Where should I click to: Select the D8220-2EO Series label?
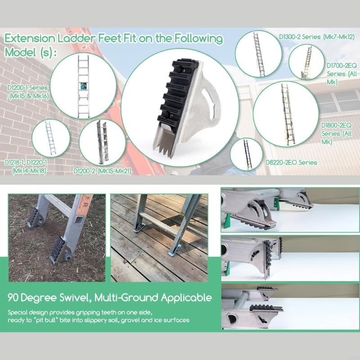coord(291,162)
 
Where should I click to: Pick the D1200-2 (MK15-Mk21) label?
coord(102,171)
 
